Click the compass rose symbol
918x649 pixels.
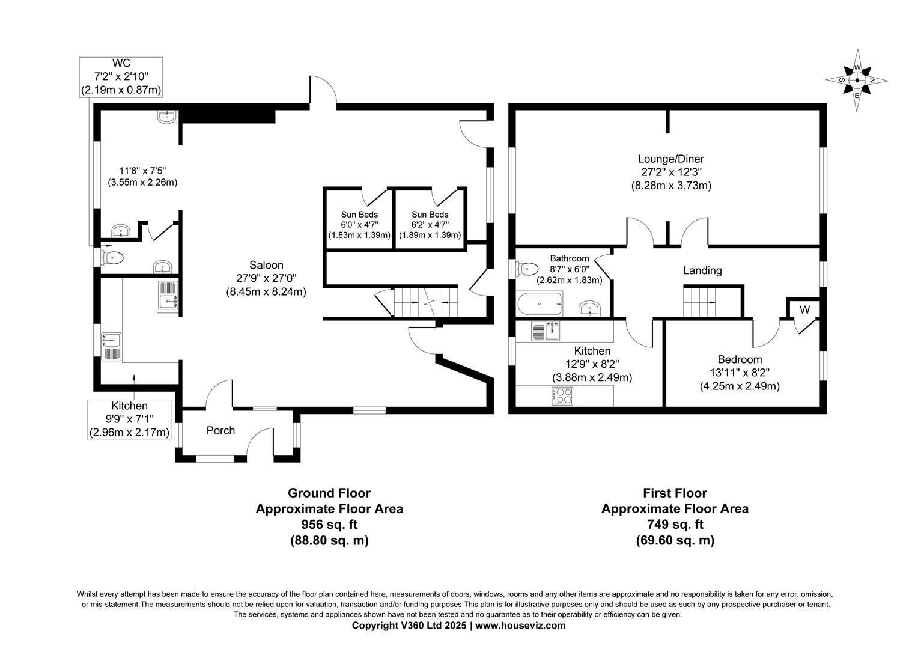pyautogui.click(x=857, y=80)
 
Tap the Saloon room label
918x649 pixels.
pyautogui.click(x=266, y=265)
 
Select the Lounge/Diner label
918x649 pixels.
pyautogui.click(x=670, y=159)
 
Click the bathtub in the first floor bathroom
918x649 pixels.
pyautogui.click(x=540, y=304)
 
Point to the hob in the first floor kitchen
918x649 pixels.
pyautogui.click(x=562, y=395)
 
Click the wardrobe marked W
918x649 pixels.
pyautogui.click(x=804, y=310)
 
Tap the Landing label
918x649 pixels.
pyautogui.click(x=702, y=270)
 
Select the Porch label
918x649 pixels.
pyautogui.click(x=220, y=430)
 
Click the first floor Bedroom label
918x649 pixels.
pyautogui.click(x=740, y=359)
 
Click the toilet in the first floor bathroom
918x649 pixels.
pyautogui.click(x=527, y=268)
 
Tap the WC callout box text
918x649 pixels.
pyautogui.click(x=121, y=77)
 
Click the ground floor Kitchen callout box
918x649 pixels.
pyautogui.click(x=129, y=419)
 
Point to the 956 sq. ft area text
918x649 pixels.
pyautogui.click(x=329, y=524)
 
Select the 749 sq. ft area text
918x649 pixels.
pyautogui.click(x=675, y=524)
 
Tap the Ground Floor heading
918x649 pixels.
pyautogui.click(x=329, y=493)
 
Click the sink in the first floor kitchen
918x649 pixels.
pyautogui.click(x=546, y=331)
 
